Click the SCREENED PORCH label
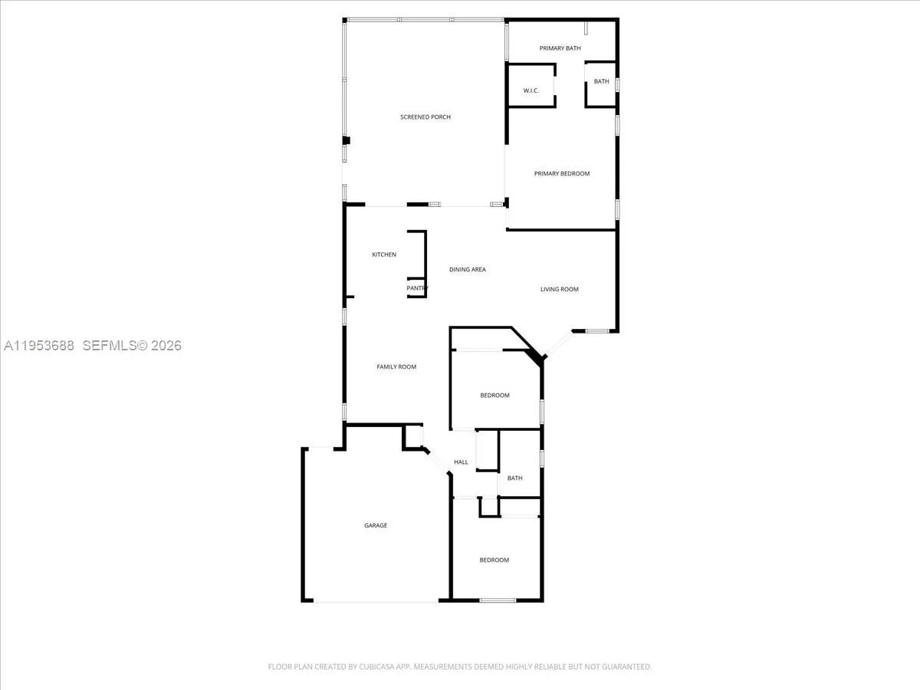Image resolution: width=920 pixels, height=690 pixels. point(425,117)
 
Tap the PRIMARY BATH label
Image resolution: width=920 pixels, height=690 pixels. point(560,48)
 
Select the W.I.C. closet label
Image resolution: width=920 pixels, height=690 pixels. point(531,90)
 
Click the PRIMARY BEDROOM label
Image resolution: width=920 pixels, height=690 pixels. point(562,173)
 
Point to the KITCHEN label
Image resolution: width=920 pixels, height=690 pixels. point(384,255)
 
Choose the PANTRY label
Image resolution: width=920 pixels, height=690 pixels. point(417,288)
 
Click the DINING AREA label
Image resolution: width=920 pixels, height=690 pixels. point(467,269)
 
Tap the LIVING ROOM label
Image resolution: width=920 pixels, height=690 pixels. point(559,289)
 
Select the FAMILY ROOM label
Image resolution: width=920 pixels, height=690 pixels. point(396,366)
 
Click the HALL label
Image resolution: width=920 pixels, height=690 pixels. point(461,462)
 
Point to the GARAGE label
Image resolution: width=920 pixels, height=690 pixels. point(376,525)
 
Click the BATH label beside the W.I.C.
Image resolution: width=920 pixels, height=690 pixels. point(601,81)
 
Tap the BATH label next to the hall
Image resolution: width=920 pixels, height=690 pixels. point(514,478)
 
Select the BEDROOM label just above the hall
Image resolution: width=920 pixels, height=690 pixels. point(495,396)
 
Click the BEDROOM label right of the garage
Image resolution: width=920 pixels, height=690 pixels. point(494,560)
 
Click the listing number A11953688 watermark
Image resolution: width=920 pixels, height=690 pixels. point(39,346)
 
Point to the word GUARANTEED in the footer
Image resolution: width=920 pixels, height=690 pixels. point(626,667)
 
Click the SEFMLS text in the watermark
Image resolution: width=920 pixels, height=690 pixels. point(108,346)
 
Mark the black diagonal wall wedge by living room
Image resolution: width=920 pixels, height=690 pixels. point(534,354)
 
